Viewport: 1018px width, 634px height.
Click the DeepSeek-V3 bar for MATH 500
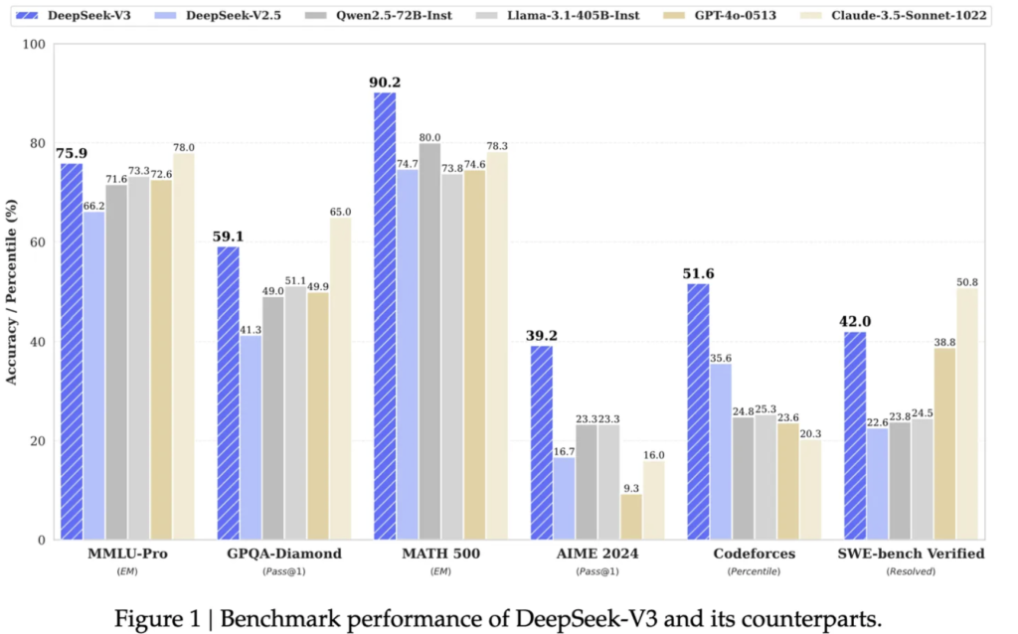click(385, 316)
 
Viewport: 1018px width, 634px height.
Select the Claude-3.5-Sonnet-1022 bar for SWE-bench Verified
click(966, 414)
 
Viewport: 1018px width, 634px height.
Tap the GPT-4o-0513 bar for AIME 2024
click(631, 517)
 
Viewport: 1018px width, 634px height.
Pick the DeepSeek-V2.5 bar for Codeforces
click(721, 452)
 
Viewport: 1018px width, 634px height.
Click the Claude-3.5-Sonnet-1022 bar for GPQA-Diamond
click(340, 379)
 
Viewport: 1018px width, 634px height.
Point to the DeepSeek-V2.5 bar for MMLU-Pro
click(93, 376)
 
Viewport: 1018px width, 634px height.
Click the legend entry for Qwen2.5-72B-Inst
click(378, 15)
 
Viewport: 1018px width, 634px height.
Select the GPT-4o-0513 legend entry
click(721, 15)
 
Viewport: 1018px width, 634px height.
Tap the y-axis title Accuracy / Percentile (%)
click(11, 292)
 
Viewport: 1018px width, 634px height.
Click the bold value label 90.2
click(385, 82)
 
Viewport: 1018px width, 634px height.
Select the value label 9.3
click(630, 488)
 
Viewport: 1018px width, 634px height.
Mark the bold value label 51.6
click(698, 274)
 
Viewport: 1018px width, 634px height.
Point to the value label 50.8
click(966, 282)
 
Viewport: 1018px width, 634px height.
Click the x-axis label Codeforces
click(754, 554)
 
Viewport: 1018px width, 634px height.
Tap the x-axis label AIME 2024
click(597, 554)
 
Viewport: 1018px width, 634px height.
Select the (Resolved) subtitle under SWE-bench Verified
click(911, 571)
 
